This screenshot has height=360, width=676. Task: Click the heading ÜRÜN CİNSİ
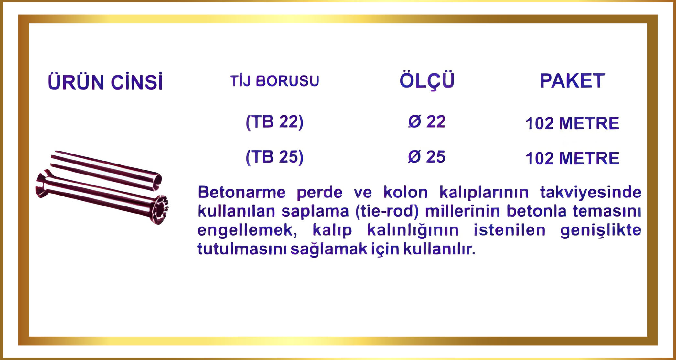pyautogui.click(x=105, y=81)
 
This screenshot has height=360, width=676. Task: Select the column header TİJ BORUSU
pyautogui.click(x=274, y=81)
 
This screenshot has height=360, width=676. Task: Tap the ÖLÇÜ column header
pyautogui.click(x=427, y=81)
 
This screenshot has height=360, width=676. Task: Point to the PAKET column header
pyautogui.click(x=572, y=81)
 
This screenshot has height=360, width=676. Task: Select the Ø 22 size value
pyautogui.click(x=427, y=122)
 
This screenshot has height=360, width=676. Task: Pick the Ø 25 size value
pyautogui.click(x=427, y=157)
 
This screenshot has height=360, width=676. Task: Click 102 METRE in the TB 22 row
pyautogui.click(x=572, y=123)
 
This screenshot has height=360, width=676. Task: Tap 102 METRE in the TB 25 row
pyautogui.click(x=572, y=158)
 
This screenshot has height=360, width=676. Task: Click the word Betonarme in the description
pyautogui.click(x=241, y=192)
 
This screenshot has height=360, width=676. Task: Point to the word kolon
pyautogui.click(x=405, y=192)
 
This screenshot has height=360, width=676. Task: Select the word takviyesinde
pyautogui.click(x=591, y=193)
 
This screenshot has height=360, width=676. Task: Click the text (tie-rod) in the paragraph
pyautogui.click(x=387, y=211)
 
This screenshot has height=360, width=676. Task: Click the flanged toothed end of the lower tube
pyautogui.click(x=160, y=210)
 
